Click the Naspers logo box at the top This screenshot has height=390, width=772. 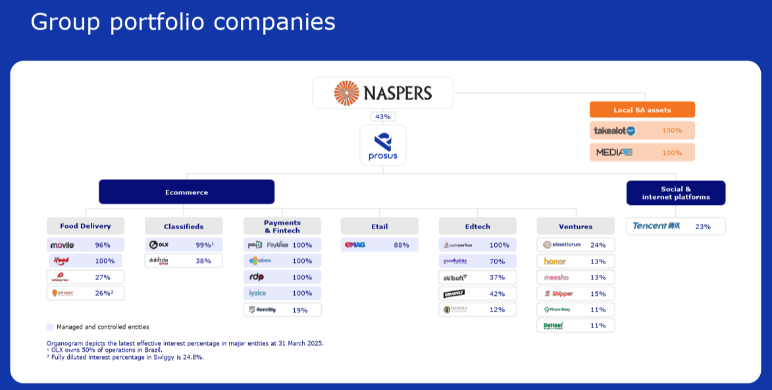coord(382,92)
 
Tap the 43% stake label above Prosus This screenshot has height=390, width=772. coord(382,117)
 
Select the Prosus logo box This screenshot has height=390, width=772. coord(382,146)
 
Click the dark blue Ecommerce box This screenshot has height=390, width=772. coord(186,192)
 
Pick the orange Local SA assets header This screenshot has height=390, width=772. coord(642,110)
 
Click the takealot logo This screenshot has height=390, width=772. coord(614,130)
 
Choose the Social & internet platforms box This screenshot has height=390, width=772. coord(675,193)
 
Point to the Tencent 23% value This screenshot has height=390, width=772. coord(703,227)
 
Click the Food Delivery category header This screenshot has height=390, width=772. coord(86,226)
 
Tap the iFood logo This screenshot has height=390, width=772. coord(61,261)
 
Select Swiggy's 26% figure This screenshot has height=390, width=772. coord(103,293)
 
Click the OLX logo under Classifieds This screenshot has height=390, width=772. coord(159,245)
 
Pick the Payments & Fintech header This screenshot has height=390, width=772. coord(282,226)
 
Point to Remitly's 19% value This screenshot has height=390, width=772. coord(299,310)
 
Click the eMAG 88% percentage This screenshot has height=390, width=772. coord(401,245)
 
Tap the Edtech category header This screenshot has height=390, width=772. coord(477,226)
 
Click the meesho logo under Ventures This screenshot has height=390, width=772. coord(556,277)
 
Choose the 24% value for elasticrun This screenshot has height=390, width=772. coord(598,245)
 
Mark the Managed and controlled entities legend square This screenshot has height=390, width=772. coord(50,327)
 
